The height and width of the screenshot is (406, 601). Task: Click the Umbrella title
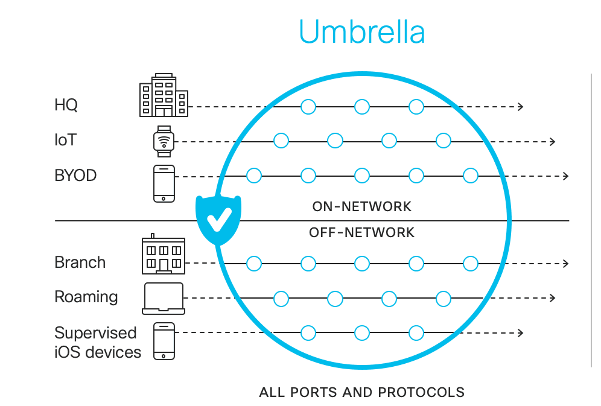[x=361, y=32]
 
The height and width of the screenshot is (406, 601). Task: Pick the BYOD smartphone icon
[x=164, y=183]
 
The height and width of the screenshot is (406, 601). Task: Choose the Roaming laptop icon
[x=164, y=298]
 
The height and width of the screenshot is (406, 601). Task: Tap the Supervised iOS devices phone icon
[x=164, y=341]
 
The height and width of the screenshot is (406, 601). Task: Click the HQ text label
[x=66, y=106]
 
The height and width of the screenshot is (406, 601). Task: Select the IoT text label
[x=66, y=141]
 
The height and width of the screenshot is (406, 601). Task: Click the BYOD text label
[x=75, y=176]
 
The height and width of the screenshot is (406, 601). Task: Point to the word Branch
[x=80, y=262]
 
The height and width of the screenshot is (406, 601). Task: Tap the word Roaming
[x=86, y=297]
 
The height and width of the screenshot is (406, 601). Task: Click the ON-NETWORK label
[x=361, y=207]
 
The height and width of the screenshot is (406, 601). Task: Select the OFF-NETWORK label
[x=361, y=232]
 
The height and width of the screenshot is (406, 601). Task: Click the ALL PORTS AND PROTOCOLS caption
[x=361, y=392]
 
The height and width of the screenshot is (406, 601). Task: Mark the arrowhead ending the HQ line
[x=520, y=107]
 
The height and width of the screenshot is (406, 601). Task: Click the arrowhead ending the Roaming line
[x=552, y=298]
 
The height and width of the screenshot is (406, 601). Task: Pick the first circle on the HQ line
[x=308, y=107]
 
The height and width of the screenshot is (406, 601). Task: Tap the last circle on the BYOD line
[x=471, y=176]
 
